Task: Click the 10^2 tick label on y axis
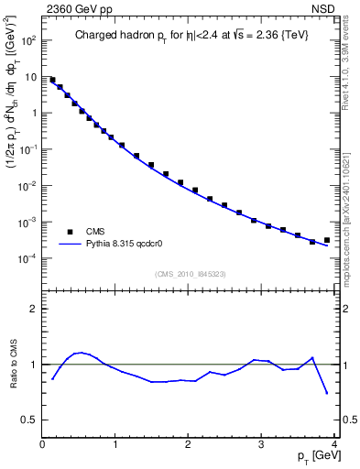click(x=29, y=41)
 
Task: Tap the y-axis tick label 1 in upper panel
click(x=33, y=114)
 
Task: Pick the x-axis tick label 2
click(x=188, y=445)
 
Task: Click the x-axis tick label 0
click(x=42, y=445)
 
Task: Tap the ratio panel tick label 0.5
click(x=30, y=420)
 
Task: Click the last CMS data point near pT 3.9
click(x=327, y=240)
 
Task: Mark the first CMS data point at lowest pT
click(x=52, y=80)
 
